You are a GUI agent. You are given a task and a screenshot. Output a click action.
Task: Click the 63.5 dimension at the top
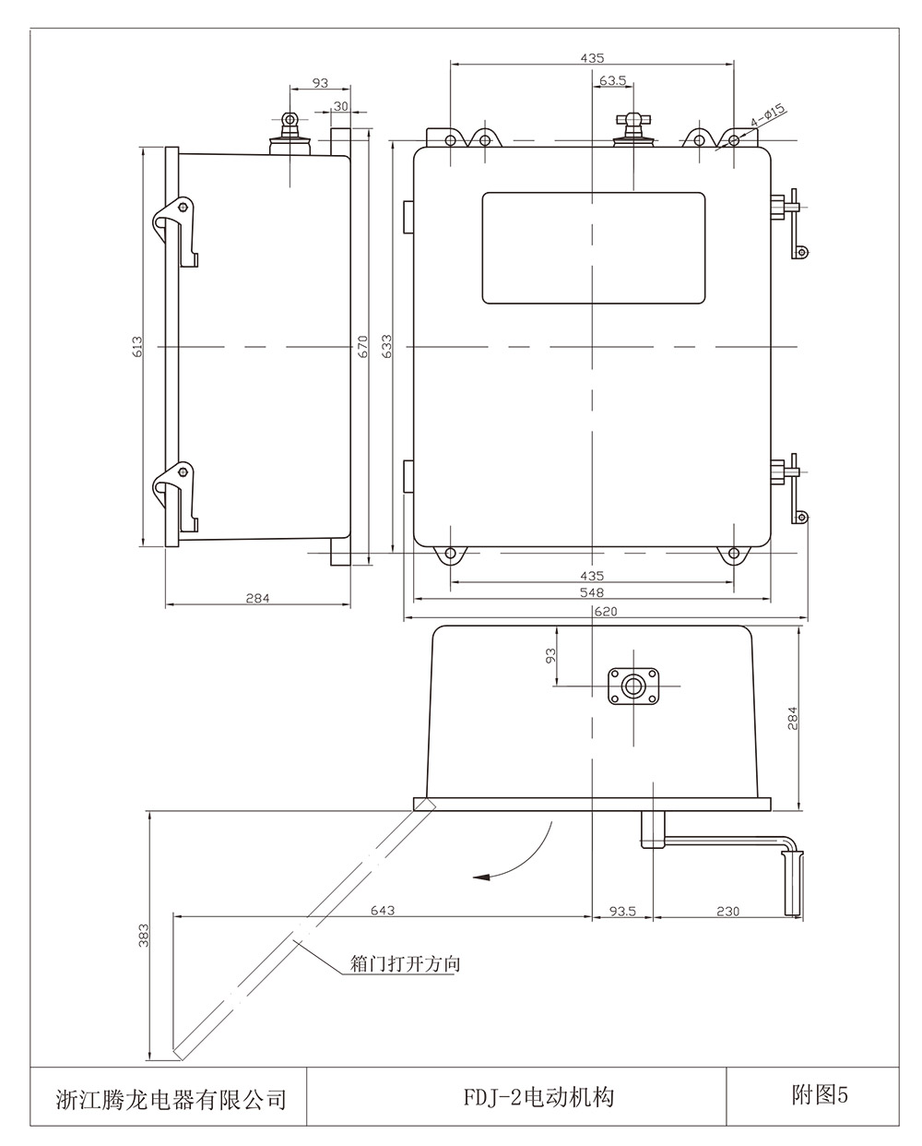tap(613, 81)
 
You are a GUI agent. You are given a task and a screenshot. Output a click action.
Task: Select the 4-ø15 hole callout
tap(768, 115)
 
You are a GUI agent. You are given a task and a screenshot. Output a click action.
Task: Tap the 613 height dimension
tap(137, 346)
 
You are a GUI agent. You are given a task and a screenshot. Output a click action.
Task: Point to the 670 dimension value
tap(362, 346)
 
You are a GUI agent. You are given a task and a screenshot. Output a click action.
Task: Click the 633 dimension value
tap(387, 346)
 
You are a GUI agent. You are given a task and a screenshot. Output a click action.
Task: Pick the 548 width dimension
tap(591, 592)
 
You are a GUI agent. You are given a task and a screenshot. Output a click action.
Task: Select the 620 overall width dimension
tap(606, 612)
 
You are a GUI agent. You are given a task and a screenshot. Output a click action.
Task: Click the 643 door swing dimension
tap(383, 910)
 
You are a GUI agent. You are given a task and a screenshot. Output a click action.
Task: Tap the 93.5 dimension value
tap(623, 911)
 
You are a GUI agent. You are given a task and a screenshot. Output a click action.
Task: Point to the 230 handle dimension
tap(727, 911)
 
